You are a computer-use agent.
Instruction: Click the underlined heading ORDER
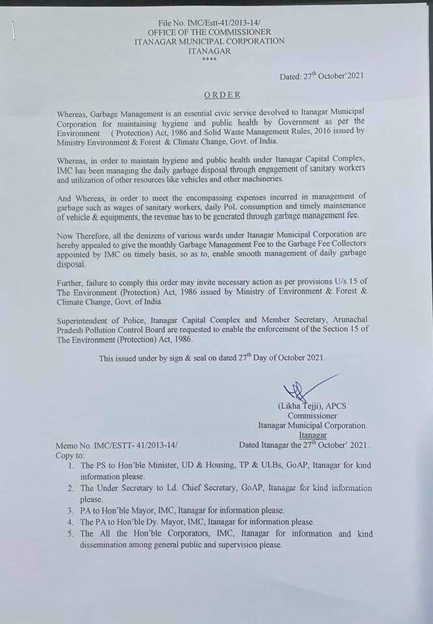tap(222, 95)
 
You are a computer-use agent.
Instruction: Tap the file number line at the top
tap(209, 22)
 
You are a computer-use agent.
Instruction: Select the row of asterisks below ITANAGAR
tap(209, 58)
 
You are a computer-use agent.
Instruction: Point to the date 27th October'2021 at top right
tap(321, 76)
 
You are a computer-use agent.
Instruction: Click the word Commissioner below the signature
tap(312, 415)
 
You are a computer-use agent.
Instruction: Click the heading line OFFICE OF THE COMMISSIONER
tap(209, 31)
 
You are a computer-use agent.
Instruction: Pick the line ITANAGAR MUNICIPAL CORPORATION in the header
tap(209, 40)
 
